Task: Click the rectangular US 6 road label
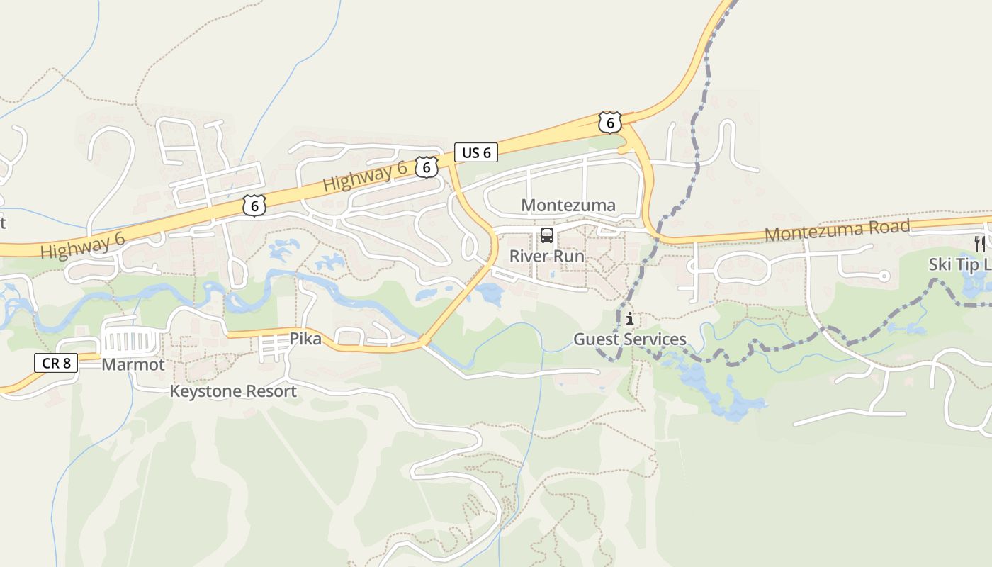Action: (475, 152)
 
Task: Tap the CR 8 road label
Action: (56, 364)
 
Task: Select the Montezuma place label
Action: (568, 206)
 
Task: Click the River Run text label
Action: (547, 256)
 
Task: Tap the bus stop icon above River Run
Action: (547, 235)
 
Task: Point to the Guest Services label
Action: (629, 339)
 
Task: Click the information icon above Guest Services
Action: (629, 319)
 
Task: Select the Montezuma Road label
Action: (837, 230)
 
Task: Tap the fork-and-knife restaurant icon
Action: (980, 244)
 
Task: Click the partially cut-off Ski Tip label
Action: (960, 264)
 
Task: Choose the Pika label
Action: (305, 339)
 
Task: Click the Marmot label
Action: (133, 365)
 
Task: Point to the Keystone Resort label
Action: (233, 391)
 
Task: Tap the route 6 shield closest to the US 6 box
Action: (426, 167)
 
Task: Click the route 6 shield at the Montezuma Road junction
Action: (609, 123)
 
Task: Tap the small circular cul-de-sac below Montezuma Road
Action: (884, 276)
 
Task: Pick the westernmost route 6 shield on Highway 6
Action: (254, 206)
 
